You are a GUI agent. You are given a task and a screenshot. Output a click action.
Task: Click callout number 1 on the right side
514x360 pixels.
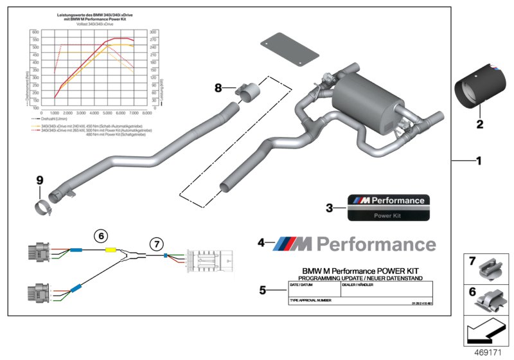[478, 161]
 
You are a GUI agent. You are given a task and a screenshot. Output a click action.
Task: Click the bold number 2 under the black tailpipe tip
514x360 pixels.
[479, 124]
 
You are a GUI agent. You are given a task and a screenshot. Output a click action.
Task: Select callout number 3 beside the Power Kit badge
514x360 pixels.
[329, 208]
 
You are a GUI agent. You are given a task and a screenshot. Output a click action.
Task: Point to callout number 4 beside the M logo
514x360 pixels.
[261, 242]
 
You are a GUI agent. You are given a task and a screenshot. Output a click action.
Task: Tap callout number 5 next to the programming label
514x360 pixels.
[263, 290]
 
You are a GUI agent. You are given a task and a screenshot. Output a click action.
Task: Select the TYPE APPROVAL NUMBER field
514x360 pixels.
[311, 300]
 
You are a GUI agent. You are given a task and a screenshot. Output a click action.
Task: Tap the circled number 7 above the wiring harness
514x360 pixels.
[156, 244]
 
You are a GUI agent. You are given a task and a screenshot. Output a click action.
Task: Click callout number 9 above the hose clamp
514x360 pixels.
[39, 181]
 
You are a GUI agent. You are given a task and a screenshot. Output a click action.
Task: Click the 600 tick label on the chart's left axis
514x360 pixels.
[35, 32]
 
